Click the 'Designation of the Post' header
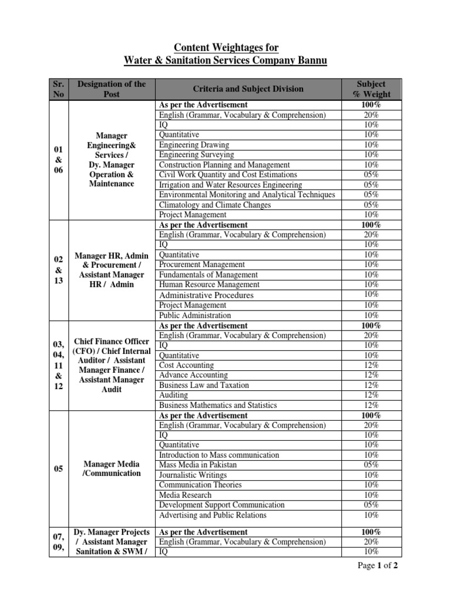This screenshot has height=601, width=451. (111, 89)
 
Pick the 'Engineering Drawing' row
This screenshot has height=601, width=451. (194, 144)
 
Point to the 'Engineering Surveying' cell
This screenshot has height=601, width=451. (196, 154)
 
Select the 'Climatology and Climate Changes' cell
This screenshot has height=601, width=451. (215, 205)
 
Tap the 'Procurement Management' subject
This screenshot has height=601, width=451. (202, 265)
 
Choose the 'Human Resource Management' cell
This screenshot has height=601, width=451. (209, 285)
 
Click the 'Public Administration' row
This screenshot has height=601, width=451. (196, 315)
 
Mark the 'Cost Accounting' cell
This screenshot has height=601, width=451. (187, 365)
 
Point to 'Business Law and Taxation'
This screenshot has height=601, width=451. (204, 385)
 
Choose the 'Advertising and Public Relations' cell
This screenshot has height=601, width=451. (213, 515)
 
